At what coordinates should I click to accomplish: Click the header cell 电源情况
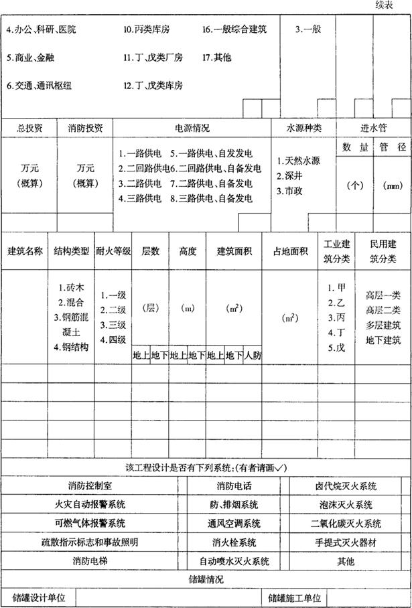tap(192, 127)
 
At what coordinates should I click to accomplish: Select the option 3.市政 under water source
tap(291, 190)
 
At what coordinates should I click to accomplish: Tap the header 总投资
tap(29, 127)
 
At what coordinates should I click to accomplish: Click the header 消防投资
tap(85, 127)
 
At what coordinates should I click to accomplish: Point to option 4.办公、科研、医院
tap(41, 30)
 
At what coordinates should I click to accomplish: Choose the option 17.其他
tap(216, 58)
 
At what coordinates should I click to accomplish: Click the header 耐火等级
tap(113, 252)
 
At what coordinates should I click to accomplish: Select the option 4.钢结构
tap(71, 348)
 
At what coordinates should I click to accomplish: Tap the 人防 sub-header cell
tap(253, 356)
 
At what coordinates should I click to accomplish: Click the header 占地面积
tap(290, 252)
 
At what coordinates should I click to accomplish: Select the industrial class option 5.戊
tap(336, 348)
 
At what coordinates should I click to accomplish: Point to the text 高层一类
tap(383, 295)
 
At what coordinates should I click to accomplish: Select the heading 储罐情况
tap(205, 579)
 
